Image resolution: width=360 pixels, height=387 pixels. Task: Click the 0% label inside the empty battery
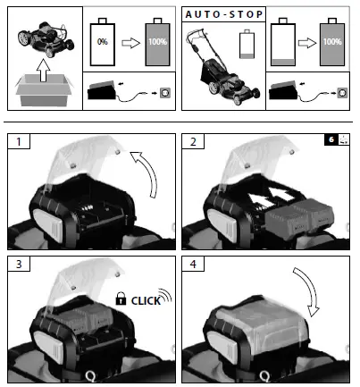pos(104,42)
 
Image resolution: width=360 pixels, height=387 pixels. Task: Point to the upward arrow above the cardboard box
pos(43,65)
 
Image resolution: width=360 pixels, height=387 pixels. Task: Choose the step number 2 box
pos(195,141)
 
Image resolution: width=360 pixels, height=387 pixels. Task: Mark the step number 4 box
pos(195,265)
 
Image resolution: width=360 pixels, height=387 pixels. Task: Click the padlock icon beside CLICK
pos(120,301)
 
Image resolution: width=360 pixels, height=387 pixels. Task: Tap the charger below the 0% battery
pos(107,91)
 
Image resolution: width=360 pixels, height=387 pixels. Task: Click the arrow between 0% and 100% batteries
pos(130,42)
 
